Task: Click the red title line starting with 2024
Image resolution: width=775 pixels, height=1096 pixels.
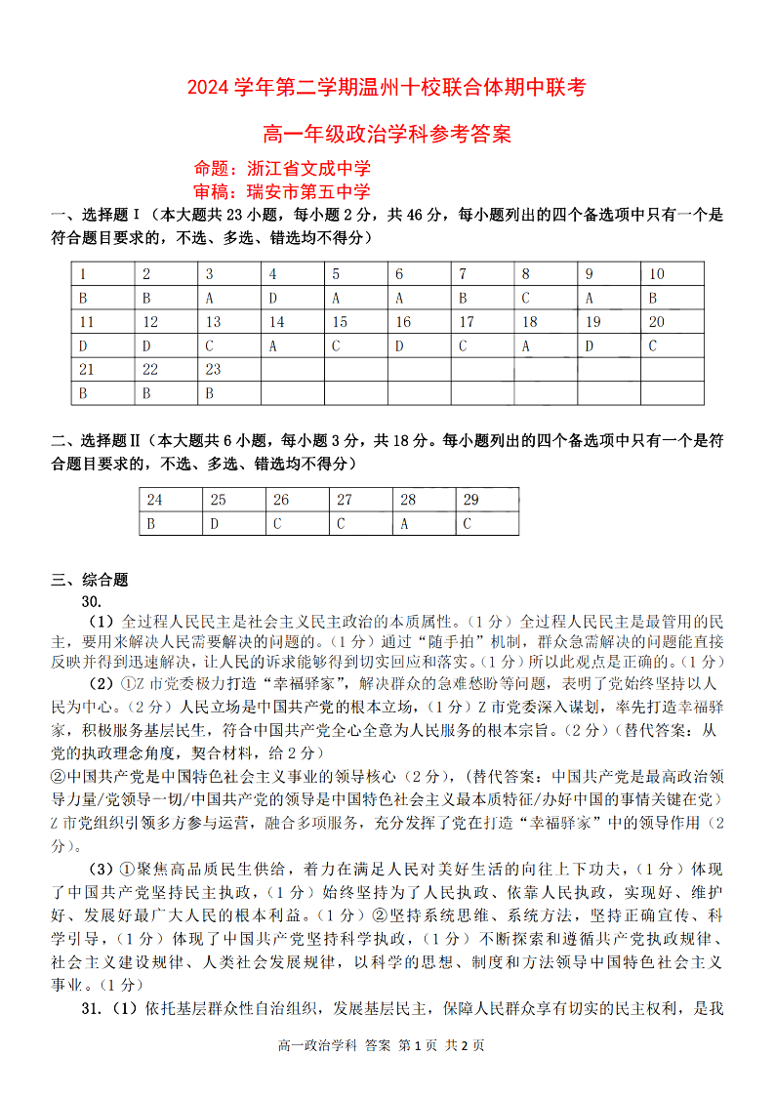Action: coord(387,89)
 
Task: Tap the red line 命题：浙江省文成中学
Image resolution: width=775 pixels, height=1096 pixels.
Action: coord(282,168)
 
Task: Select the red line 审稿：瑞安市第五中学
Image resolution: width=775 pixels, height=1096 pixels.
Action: coord(282,191)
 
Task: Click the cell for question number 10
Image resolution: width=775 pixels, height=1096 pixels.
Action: coord(672,274)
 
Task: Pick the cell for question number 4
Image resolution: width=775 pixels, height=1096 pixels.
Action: coord(292,274)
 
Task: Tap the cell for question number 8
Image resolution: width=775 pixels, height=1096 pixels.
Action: coord(545,274)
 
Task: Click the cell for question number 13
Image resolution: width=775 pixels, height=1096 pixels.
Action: coord(228,322)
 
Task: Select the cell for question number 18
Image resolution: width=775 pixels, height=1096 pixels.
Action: coord(545,322)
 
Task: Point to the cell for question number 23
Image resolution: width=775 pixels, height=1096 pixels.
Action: coord(228,370)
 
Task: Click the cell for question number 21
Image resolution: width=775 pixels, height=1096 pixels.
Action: coord(102,370)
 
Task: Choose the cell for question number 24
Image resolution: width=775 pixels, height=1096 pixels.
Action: coord(170,500)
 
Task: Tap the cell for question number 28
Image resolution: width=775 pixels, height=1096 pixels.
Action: coord(424,500)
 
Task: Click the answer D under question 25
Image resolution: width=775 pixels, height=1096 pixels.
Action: coord(233,524)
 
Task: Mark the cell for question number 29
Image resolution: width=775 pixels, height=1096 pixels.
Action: coord(487,500)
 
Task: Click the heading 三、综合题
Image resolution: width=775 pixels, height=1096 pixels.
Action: coord(90,579)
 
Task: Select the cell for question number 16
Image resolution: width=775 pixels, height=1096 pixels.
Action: coord(418,322)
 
